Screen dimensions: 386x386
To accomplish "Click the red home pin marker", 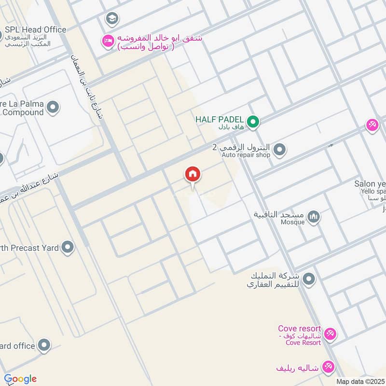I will point(192,175).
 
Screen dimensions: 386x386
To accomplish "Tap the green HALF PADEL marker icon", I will point(252,122).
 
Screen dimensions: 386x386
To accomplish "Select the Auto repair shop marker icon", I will point(279,151).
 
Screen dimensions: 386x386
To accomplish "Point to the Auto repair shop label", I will point(246,155).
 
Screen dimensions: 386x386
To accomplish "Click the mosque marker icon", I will point(314,217).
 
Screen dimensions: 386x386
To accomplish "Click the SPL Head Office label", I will point(35,29).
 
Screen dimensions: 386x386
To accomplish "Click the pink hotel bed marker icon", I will point(107,41).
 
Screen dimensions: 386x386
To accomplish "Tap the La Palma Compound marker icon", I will point(53,108).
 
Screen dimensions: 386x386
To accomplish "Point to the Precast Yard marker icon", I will point(68,248).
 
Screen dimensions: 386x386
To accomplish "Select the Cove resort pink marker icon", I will point(330,333).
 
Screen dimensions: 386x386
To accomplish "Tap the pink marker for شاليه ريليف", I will point(329,367).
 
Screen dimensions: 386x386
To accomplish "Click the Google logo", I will point(20,379).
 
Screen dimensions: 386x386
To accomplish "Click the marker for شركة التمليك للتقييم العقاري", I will point(309,279).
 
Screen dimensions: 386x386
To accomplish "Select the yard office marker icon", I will point(44,345).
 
